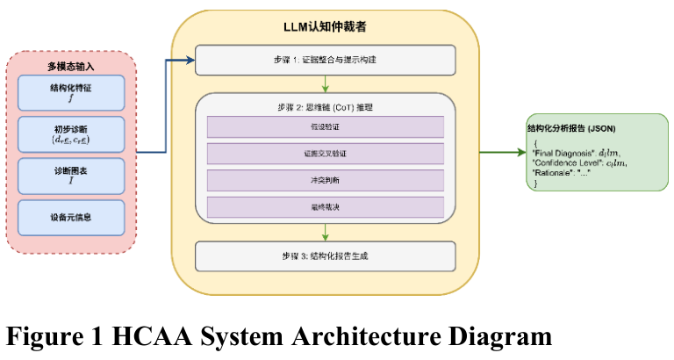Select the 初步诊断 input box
tap(71, 133)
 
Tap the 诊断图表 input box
tap(71, 176)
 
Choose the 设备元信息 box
tap(71, 217)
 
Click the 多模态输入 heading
tap(71, 65)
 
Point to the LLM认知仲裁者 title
tap(326, 27)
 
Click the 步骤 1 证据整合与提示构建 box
tap(326, 61)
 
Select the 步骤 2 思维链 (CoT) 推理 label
tap(326, 106)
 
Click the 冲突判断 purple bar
tap(326, 181)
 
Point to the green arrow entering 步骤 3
tap(326, 232)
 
